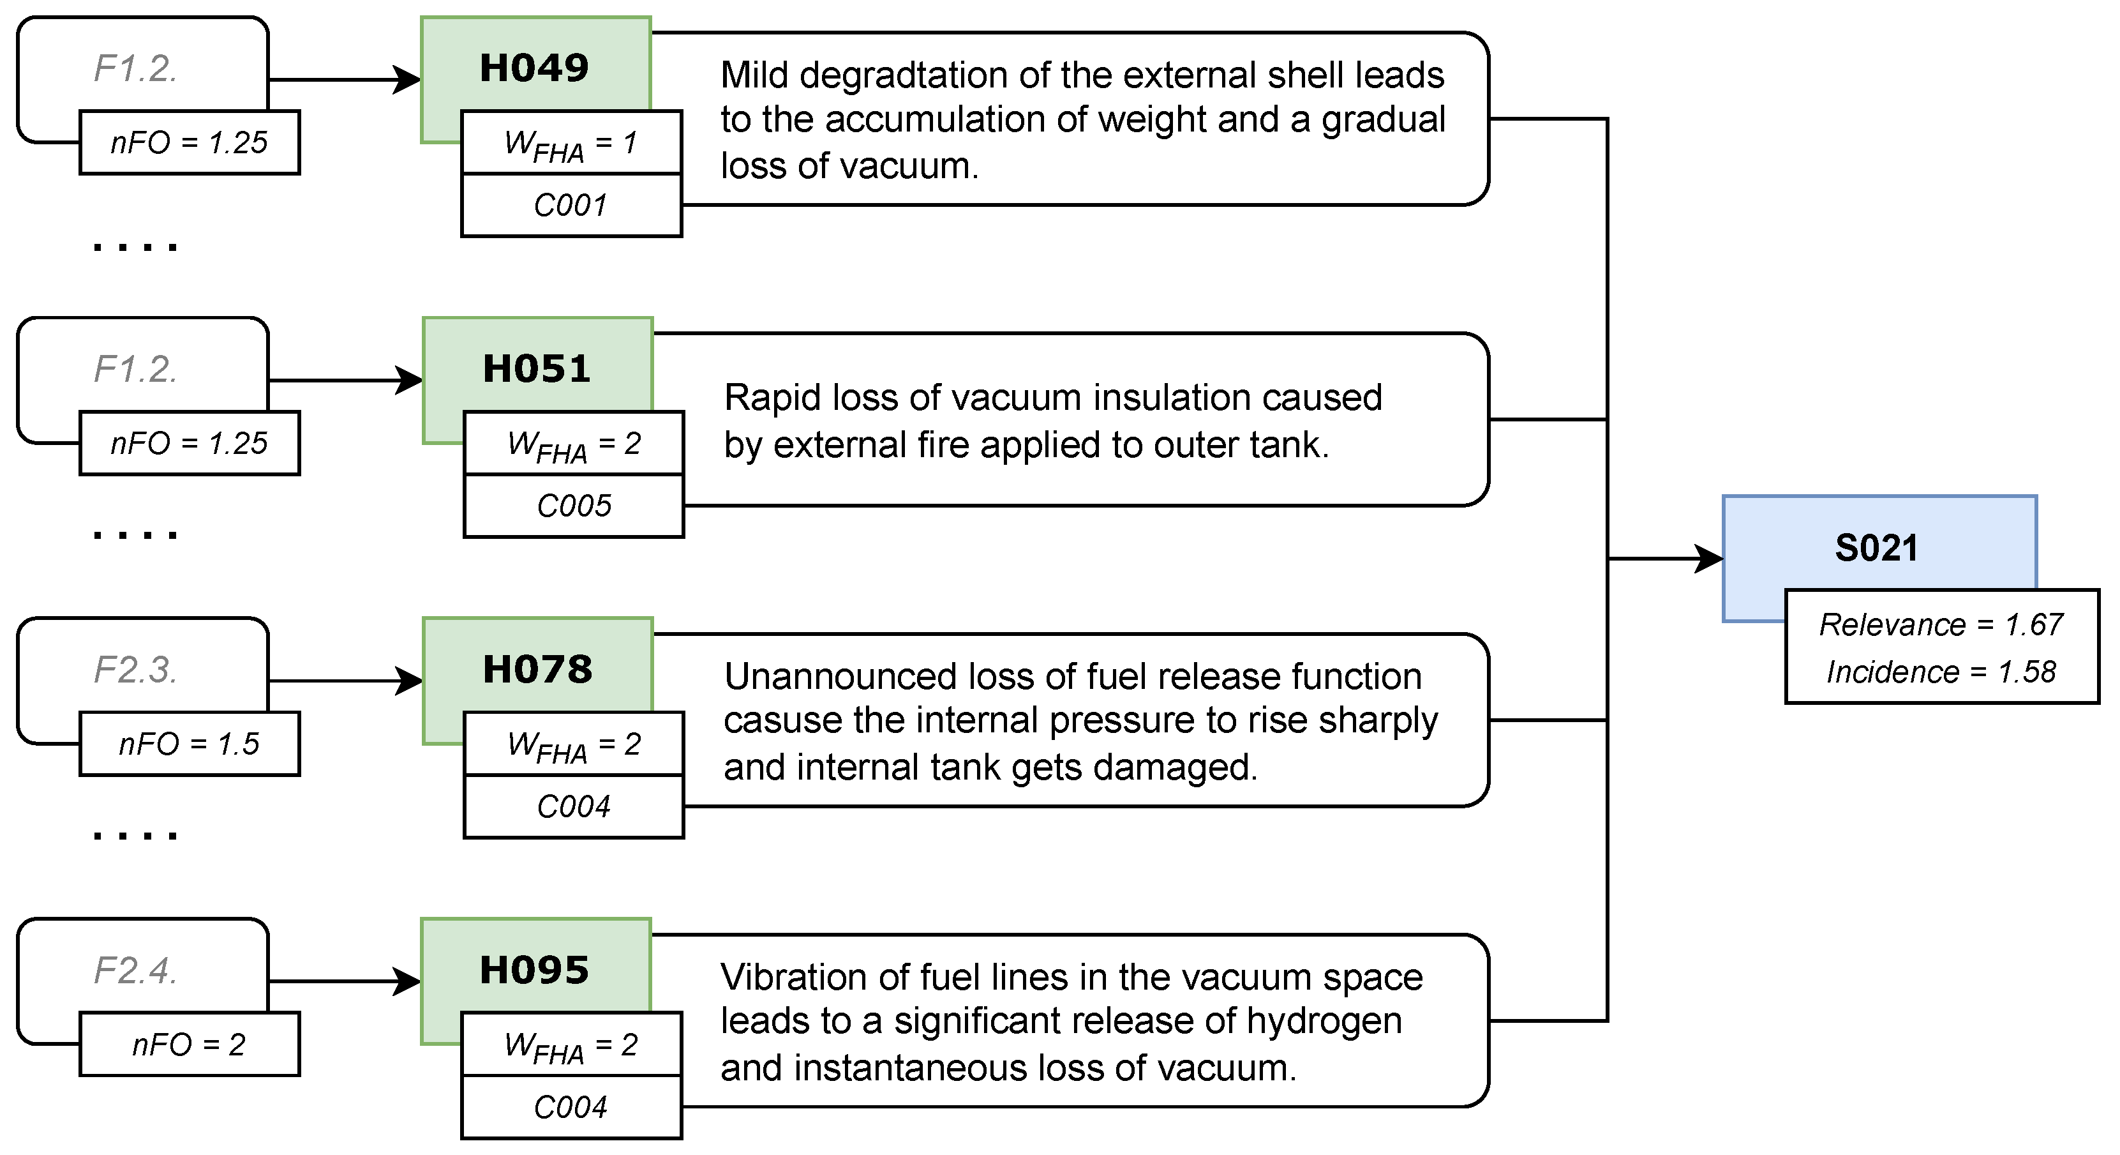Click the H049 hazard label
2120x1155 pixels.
click(x=534, y=68)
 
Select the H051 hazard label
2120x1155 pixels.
click(x=537, y=368)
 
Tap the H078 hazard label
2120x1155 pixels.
click(x=537, y=668)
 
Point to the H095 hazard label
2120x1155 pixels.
click(x=534, y=970)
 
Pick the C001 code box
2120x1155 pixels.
click(x=571, y=205)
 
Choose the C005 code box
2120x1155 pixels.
click(x=574, y=506)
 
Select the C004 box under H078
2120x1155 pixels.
click(x=574, y=806)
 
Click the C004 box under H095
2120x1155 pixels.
click(x=571, y=1107)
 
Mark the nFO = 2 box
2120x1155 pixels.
click(x=190, y=1045)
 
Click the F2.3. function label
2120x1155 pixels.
click(x=136, y=669)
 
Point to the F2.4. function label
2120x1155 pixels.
click(x=136, y=970)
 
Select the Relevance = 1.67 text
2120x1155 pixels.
click(x=1941, y=625)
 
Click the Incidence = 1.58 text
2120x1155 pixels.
click(x=1941, y=672)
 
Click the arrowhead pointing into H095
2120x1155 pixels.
click(x=408, y=981)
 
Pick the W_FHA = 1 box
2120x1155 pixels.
click(x=571, y=143)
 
